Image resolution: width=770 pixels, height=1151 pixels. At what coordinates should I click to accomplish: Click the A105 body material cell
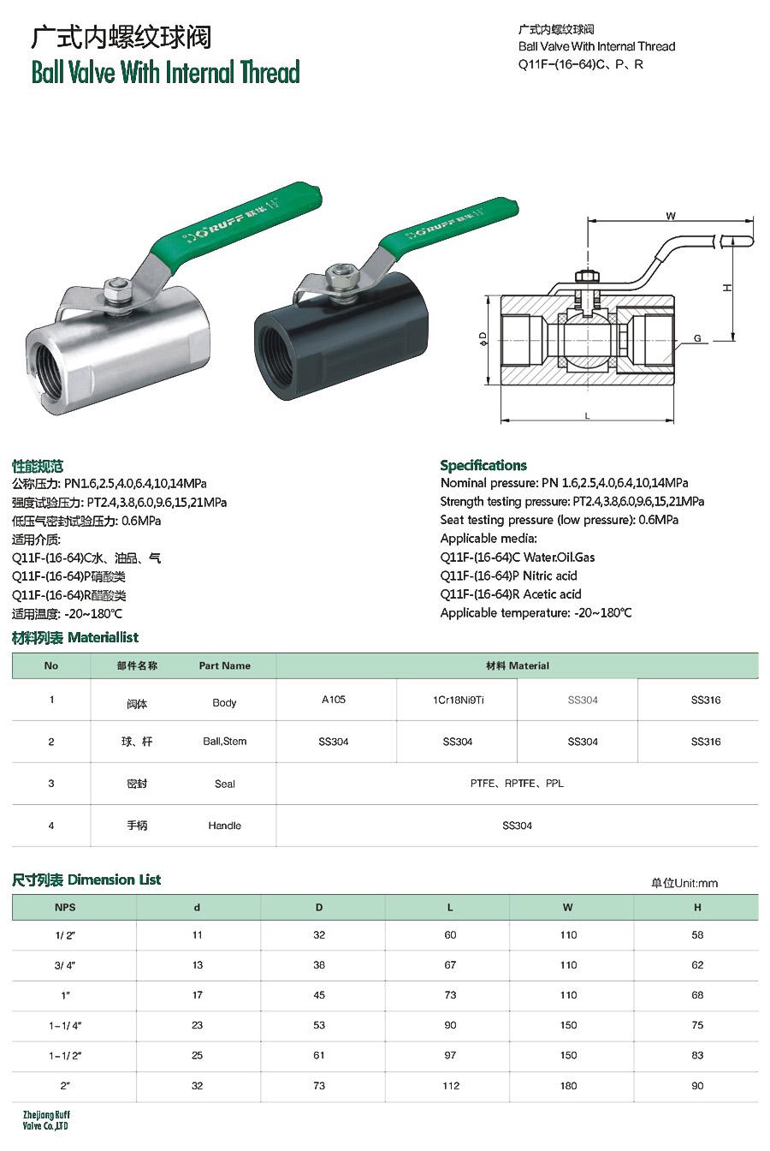coord(333,700)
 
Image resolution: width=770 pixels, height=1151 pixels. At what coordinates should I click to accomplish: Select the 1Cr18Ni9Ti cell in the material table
coord(458,700)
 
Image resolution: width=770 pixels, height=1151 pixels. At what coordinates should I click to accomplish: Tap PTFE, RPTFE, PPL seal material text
coord(517,783)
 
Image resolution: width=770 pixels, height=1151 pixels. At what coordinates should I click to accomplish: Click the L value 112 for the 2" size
coord(451,1085)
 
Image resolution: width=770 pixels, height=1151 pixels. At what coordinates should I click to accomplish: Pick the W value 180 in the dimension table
coord(568,1085)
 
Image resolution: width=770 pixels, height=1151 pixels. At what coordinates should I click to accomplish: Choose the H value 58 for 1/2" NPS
coord(697,934)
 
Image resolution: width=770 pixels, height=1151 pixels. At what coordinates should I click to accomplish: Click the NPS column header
coord(65,907)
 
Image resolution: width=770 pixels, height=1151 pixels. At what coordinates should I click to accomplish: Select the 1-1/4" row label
coord(65,1025)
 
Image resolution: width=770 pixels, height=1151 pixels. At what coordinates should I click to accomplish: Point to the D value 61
coord(319,1055)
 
